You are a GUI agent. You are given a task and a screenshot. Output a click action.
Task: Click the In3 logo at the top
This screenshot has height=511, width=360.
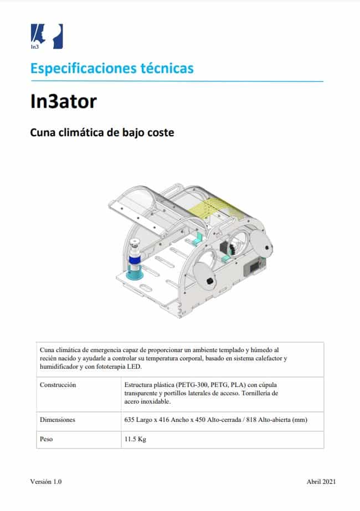[47, 36]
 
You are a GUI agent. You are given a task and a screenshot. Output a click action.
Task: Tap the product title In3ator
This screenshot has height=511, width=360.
[64, 102]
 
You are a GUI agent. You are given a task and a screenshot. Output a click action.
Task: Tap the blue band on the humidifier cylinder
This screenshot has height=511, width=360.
[134, 259]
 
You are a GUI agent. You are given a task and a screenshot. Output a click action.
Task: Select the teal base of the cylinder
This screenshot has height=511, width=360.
[135, 272]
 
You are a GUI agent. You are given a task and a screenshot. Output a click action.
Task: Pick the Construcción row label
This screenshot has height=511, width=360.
[58, 385]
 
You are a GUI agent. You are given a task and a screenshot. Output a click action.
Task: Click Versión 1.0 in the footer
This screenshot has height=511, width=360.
[46, 482]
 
